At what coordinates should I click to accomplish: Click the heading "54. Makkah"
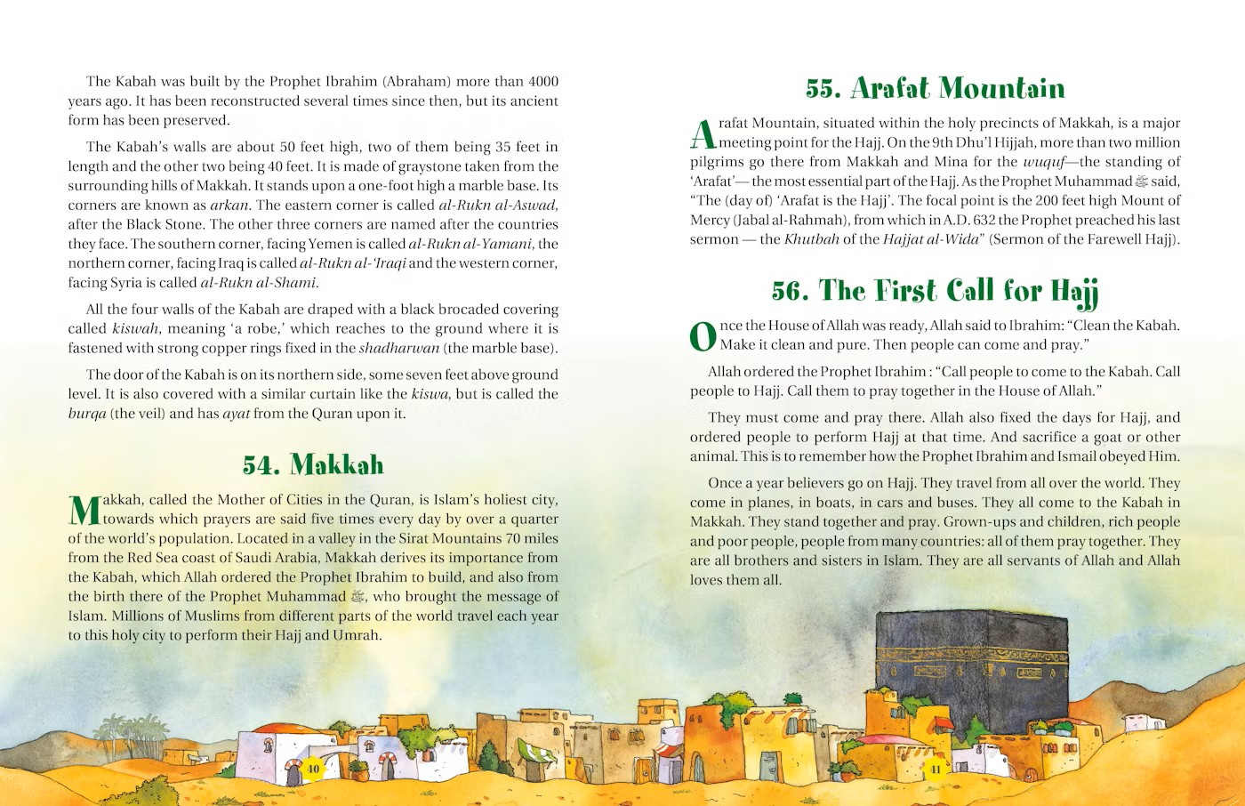313,465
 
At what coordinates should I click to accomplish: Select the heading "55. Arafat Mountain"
935,88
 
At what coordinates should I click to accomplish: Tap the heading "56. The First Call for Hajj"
935,291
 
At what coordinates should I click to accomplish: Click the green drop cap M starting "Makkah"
84,511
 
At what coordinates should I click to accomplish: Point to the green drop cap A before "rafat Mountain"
703,134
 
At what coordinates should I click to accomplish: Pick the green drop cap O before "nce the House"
703,336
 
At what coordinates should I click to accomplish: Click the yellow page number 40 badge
313,769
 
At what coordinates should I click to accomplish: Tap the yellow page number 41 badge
935,769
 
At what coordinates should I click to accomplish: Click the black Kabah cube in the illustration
971,676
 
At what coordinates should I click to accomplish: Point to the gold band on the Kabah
971,663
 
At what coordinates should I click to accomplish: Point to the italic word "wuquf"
1042,162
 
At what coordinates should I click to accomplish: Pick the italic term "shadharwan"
399,349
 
